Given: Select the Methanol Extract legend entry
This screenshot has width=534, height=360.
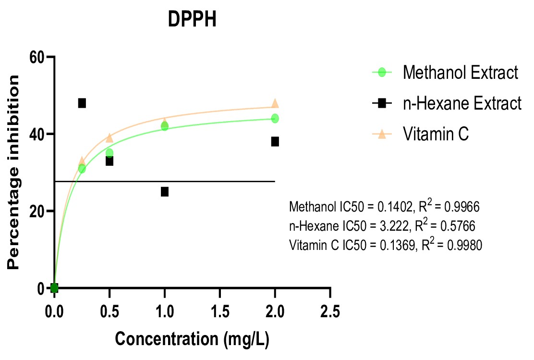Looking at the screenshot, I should coord(460,73).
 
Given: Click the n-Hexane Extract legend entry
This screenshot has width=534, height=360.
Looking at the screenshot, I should coord(462,103).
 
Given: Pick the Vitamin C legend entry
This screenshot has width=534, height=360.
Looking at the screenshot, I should coord(436,134).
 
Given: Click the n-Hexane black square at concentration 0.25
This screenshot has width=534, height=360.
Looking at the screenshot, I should coord(82,103).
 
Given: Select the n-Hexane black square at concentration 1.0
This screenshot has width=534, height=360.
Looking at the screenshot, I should coord(165,192).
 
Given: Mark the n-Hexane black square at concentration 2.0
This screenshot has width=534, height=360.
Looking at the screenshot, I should coord(275,141).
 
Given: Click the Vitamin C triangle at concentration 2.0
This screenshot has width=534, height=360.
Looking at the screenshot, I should coord(275,103).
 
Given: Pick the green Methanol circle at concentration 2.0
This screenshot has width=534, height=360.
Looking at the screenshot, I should coord(275,118).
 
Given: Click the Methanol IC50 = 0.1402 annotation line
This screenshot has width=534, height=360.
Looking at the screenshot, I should coord(384,207).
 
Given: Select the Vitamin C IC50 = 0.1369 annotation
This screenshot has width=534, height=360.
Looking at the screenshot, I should coord(386,245).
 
